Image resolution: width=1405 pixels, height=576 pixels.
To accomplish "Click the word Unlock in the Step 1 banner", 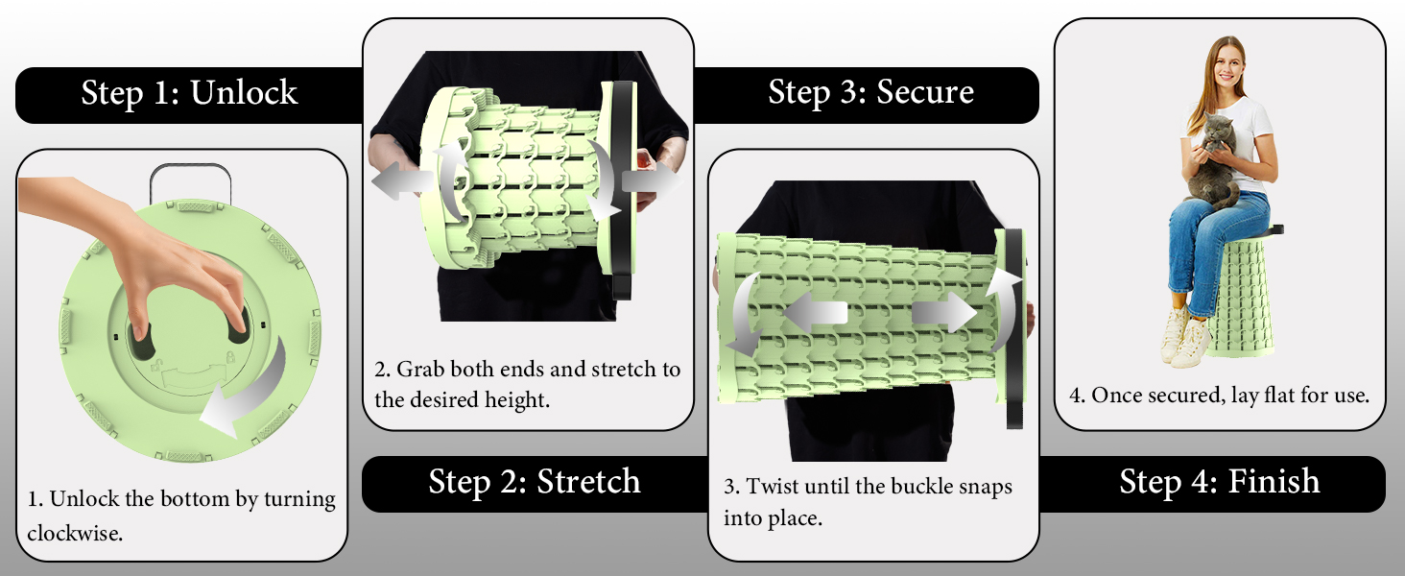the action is click(244, 92).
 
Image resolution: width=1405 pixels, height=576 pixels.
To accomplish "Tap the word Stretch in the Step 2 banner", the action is click(588, 482).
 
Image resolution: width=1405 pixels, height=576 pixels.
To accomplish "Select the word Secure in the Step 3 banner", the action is click(925, 91).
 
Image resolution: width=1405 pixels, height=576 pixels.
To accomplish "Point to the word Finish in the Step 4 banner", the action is click(1274, 481).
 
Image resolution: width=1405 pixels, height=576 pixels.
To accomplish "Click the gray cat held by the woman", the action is click(1212, 160).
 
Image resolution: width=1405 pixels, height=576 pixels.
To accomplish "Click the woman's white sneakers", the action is click(1185, 336).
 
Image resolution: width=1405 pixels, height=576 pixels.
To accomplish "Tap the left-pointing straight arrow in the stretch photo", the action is click(402, 182).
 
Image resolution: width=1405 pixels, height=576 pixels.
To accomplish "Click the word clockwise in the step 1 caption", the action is click(74, 534).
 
